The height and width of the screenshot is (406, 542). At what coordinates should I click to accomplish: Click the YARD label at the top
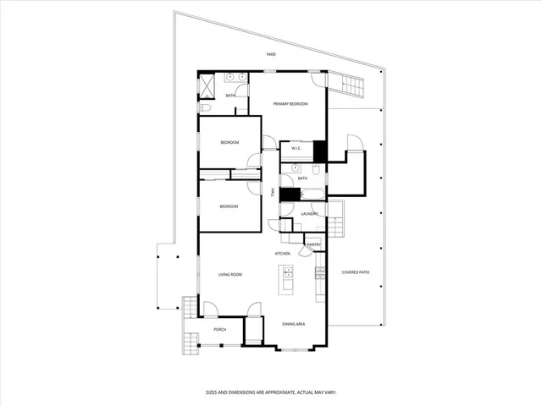pos(271,54)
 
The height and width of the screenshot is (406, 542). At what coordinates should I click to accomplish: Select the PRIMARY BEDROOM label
pos(290,103)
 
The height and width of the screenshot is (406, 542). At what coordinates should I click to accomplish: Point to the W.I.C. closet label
pos(296,149)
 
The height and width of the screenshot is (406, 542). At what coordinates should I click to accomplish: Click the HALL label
pos(273,194)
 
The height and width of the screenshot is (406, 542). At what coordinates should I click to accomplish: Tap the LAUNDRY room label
pos(309,214)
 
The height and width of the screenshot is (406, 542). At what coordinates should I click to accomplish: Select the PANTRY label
pos(313,244)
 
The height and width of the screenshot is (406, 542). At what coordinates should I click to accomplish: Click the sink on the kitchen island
pos(288,272)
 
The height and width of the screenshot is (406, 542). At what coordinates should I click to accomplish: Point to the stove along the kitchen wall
pos(320,272)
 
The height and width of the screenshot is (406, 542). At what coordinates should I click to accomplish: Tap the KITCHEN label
pos(282,254)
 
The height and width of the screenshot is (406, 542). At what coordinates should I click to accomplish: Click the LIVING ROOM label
pos(230,275)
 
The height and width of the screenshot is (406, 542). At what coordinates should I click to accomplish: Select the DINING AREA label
pos(294,324)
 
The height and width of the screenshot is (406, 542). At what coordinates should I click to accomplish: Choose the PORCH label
pos(219,329)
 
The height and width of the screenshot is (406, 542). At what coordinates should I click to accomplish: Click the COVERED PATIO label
pos(356,272)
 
